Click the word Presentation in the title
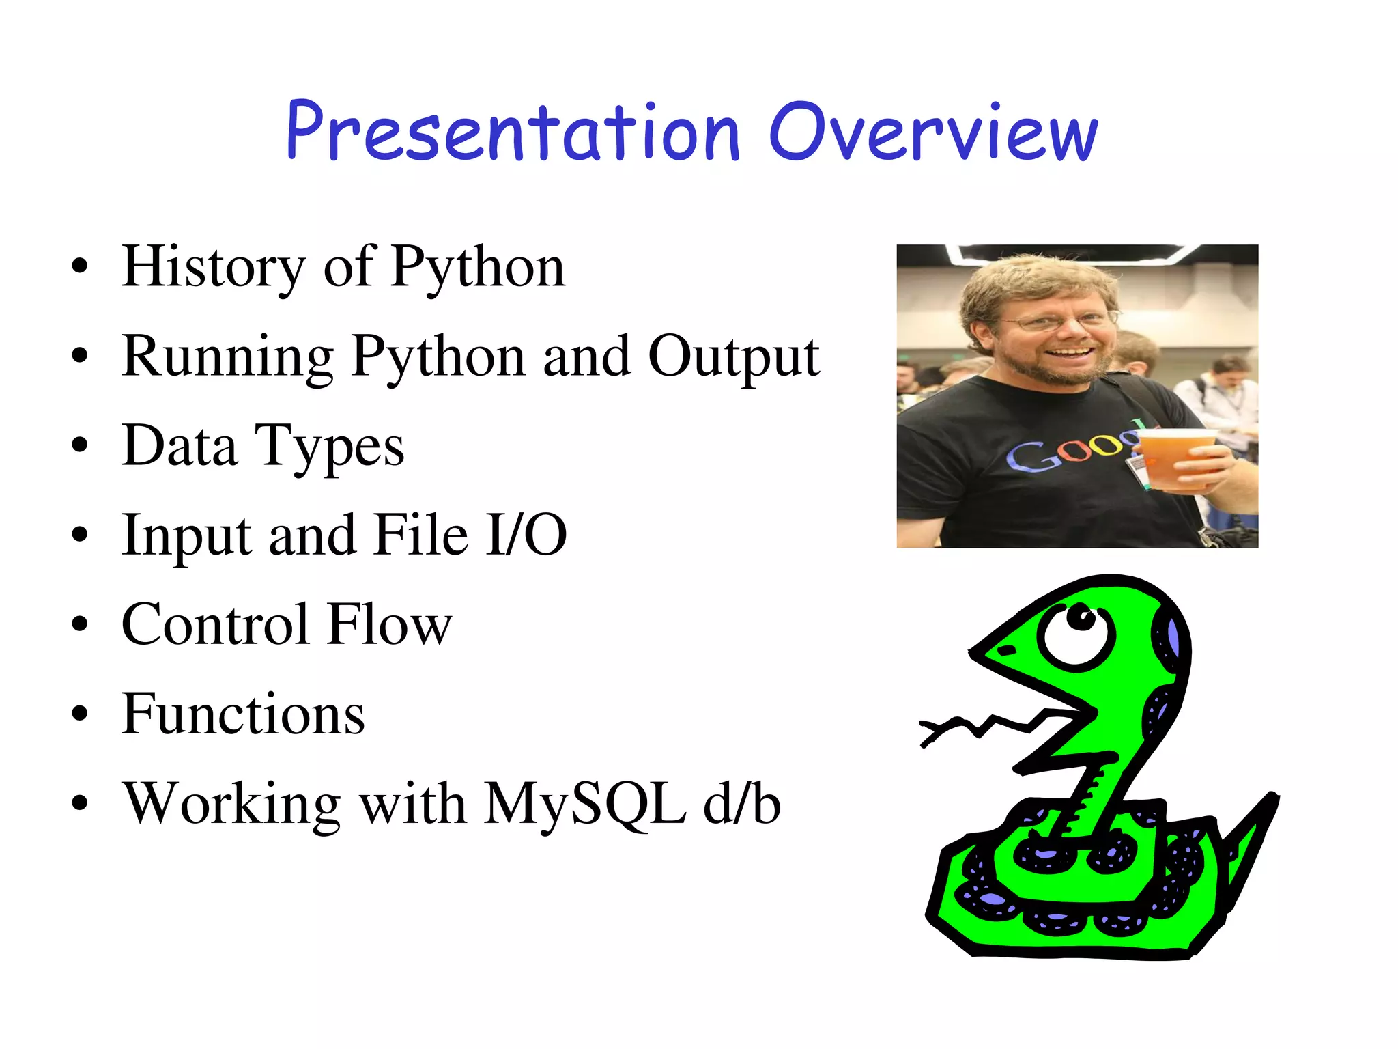pos(512,133)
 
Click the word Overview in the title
pos(934,133)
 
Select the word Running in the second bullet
pos(227,358)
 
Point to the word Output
pos(734,358)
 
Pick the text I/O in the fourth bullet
pos(526,535)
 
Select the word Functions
pos(243,714)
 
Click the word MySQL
pos(585,804)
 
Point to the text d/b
pos(742,804)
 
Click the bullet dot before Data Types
pos(80,446)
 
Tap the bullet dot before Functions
pos(80,714)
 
